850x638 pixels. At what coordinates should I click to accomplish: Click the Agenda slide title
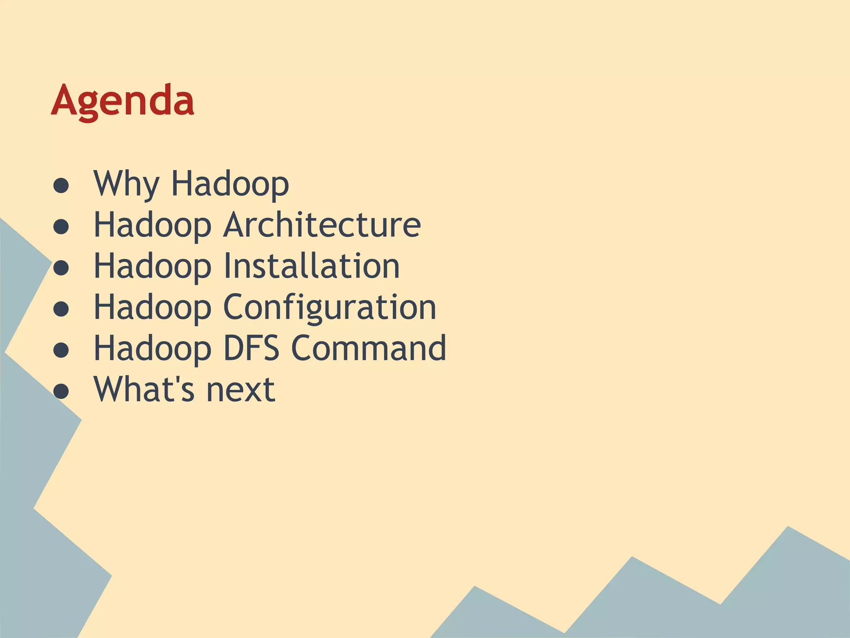122,101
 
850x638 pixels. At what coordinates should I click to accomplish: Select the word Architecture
322,224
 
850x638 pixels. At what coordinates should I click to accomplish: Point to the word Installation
311,266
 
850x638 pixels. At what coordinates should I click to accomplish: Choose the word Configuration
330,307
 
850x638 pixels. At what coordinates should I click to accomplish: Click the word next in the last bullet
241,390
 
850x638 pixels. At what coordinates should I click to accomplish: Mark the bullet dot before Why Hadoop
61,186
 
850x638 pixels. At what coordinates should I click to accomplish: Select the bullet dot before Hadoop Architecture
61,227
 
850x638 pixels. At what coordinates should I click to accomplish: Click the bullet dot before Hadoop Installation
61,268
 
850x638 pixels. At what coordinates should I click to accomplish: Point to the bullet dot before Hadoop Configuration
61,309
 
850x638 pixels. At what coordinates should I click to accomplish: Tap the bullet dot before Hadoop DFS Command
61,350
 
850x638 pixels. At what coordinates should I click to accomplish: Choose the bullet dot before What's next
61,391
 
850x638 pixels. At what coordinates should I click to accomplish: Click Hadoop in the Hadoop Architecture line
152,224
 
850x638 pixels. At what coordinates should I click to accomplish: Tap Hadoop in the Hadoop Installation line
152,266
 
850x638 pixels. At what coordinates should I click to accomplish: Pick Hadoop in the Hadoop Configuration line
152,307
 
